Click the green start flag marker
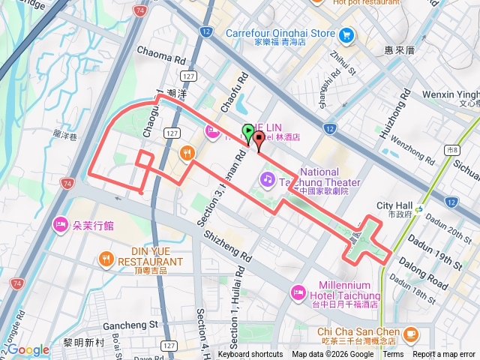coord(248,132)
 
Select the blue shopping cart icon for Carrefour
coord(346,34)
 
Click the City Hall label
coord(394,205)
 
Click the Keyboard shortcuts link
coord(250,355)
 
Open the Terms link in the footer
coord(393,355)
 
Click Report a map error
coord(444,355)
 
